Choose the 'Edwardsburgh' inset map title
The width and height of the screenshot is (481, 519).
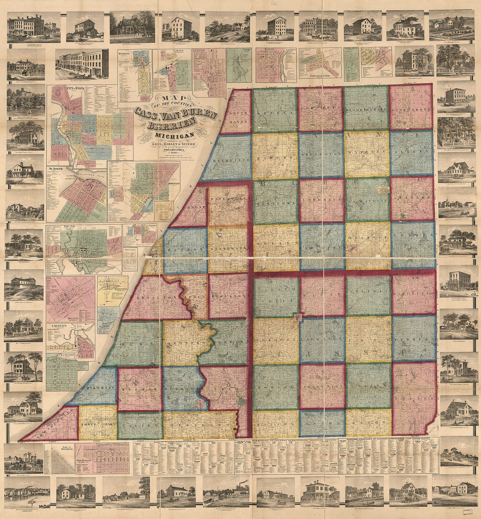point(319,75)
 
